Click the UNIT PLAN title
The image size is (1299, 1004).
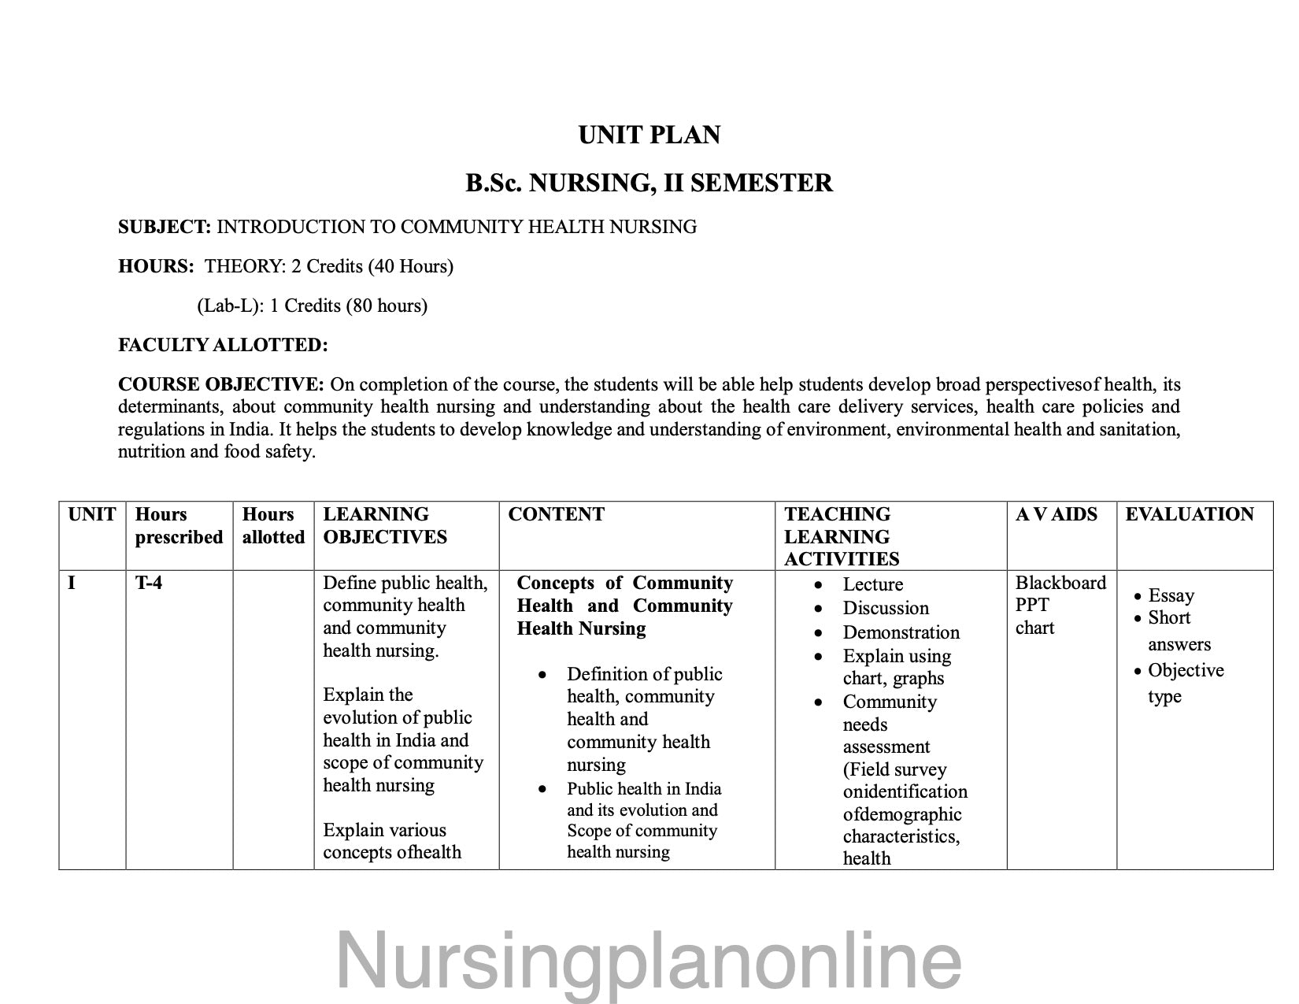click(x=649, y=135)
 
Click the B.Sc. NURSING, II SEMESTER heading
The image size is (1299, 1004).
click(x=649, y=183)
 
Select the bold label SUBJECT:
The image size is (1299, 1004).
click(x=165, y=228)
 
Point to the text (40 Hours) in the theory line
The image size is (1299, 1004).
click(x=411, y=267)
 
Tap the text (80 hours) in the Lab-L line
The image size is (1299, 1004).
click(x=386, y=306)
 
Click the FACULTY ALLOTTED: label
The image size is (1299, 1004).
click(x=223, y=346)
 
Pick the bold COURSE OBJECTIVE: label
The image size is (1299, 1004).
click(x=220, y=385)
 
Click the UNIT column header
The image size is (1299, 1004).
click(x=92, y=515)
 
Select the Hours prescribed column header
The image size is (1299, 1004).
click(x=179, y=526)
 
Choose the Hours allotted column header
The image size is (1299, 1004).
click(x=273, y=526)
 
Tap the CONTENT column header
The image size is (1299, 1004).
click(x=556, y=515)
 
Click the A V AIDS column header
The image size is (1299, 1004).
click(x=1056, y=515)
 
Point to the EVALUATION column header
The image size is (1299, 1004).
click(x=1189, y=515)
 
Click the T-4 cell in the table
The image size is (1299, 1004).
click(x=149, y=584)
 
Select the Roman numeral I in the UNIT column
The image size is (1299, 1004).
click(x=72, y=584)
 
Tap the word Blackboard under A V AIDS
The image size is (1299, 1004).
click(x=1060, y=584)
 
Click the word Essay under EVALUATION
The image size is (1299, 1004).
click(x=1171, y=596)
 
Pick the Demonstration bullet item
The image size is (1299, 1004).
click(x=901, y=633)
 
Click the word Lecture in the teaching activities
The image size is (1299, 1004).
click(x=872, y=585)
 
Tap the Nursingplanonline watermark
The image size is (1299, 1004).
click(x=649, y=961)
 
